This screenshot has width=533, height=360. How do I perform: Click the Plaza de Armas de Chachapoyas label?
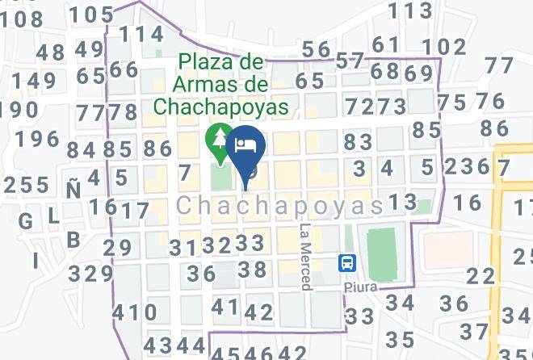(221, 84)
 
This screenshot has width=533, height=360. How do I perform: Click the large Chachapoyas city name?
(279, 207)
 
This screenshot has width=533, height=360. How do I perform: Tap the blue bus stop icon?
(347, 263)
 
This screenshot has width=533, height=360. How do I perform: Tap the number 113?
(410, 10)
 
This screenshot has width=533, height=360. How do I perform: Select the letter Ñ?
(73, 190)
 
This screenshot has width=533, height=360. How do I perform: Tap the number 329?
(90, 274)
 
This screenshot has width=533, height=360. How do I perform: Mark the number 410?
(134, 312)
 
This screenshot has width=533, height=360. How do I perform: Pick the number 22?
(481, 276)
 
